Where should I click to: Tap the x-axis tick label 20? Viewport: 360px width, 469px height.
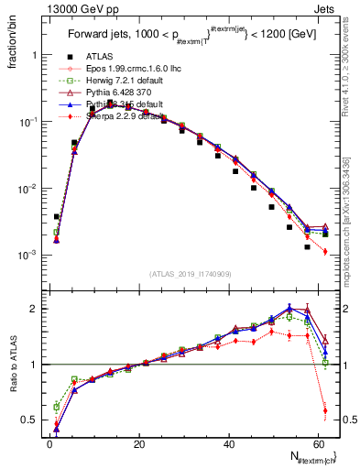pyautogui.click(x=138, y=444)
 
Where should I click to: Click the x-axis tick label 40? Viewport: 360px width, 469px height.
pyautogui.click(x=227, y=444)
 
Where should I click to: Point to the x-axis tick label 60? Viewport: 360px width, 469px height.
pyautogui.click(x=316, y=444)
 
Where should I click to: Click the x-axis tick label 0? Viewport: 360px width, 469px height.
pyautogui.click(x=49, y=444)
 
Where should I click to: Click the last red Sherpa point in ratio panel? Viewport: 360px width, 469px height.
pyautogui.click(x=325, y=409)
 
